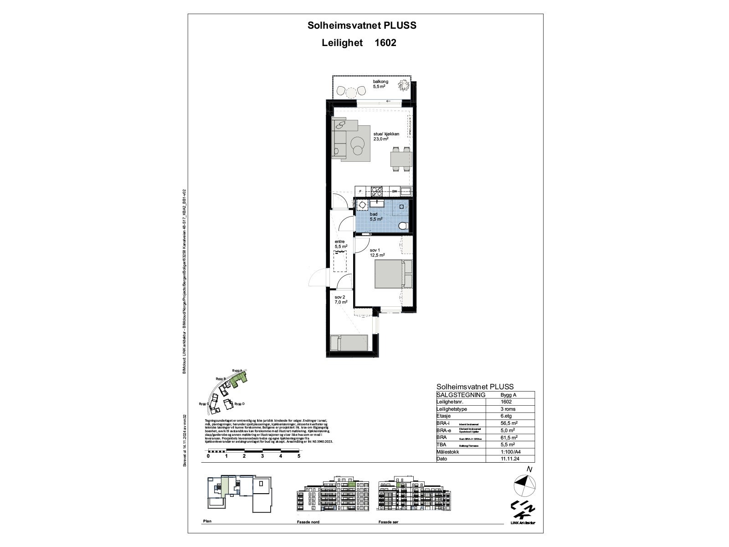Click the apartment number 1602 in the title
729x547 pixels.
tap(385, 43)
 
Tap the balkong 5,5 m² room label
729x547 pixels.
tap(380, 84)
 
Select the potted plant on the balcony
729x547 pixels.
tap(403, 84)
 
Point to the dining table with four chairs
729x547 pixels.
tap(401, 159)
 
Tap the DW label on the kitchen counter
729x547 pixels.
tap(395, 191)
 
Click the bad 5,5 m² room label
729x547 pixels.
tap(376, 216)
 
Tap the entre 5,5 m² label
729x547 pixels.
tap(341, 244)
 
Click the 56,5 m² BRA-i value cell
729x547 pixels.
tap(508, 423)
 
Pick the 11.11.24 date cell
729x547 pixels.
tap(508, 459)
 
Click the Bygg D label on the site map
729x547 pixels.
tap(240, 404)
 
